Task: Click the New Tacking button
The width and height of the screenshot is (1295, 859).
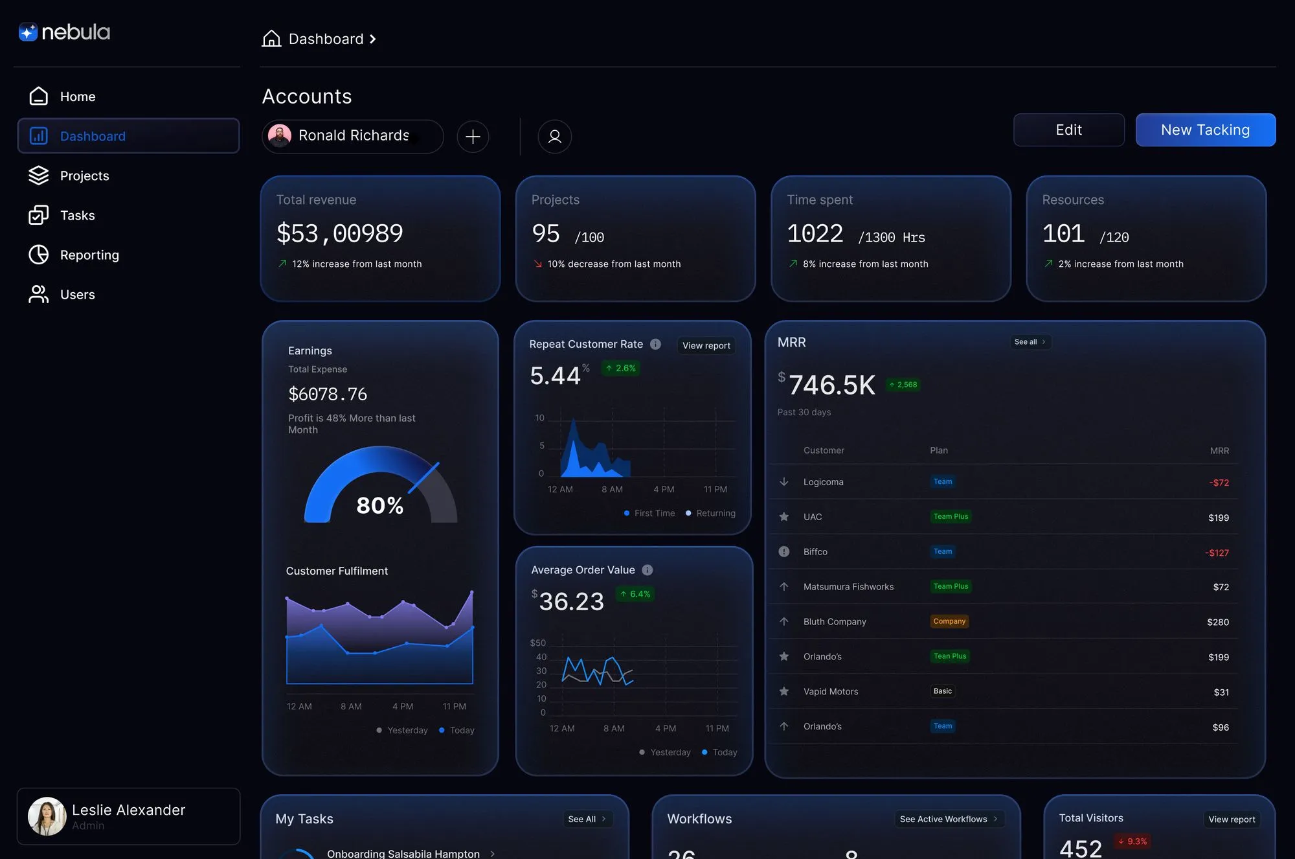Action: [1205, 130]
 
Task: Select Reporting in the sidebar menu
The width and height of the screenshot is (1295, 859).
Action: [89, 255]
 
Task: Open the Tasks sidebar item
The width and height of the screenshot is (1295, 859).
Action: [77, 216]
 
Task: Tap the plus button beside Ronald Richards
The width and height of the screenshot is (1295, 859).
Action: [473, 137]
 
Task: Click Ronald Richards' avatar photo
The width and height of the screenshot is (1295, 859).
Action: [280, 136]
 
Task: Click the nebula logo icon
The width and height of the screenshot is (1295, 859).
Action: [28, 32]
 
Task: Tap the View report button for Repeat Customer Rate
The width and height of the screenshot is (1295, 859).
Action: [706, 345]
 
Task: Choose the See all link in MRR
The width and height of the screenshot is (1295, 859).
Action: [1030, 342]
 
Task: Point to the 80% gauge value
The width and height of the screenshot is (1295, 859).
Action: [380, 505]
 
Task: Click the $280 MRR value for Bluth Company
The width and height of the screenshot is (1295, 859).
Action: [1217, 622]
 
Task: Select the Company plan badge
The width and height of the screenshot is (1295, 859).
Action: [949, 621]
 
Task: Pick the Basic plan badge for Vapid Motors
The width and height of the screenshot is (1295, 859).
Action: [942, 691]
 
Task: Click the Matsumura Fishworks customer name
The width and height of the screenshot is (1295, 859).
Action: [848, 587]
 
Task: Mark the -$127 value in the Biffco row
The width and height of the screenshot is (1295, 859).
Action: [1217, 553]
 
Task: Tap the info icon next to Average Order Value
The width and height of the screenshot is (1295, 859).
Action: [647, 570]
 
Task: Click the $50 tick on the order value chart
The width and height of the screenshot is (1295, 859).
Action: [537, 643]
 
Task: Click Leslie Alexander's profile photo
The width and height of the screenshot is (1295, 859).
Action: [47, 816]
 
